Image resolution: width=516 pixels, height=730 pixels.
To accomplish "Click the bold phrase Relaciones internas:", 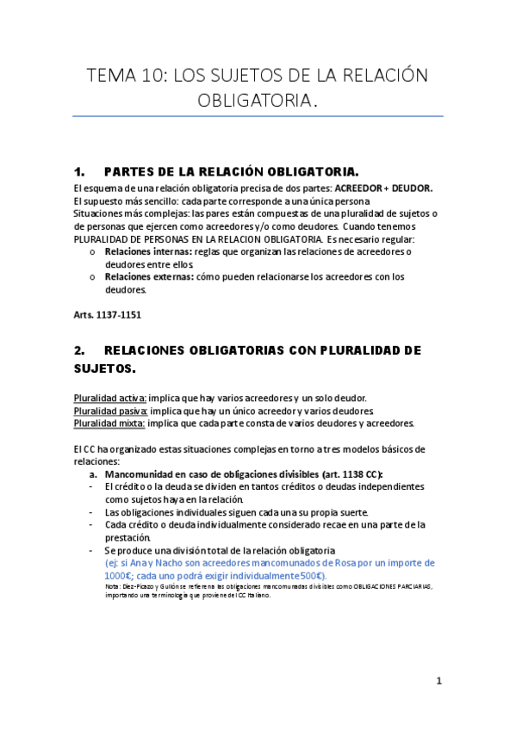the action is (x=141, y=251).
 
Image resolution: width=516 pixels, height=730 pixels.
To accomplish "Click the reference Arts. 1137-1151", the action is (x=108, y=315).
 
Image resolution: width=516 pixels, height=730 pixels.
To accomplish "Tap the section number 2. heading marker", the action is (x=80, y=350).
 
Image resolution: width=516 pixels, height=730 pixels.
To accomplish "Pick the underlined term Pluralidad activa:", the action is (x=110, y=398).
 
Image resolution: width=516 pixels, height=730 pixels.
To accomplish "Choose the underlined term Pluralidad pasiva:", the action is (x=110, y=411).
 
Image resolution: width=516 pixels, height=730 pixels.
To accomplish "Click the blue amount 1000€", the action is (x=117, y=576).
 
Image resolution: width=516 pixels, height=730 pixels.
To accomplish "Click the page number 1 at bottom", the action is (x=438, y=681).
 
